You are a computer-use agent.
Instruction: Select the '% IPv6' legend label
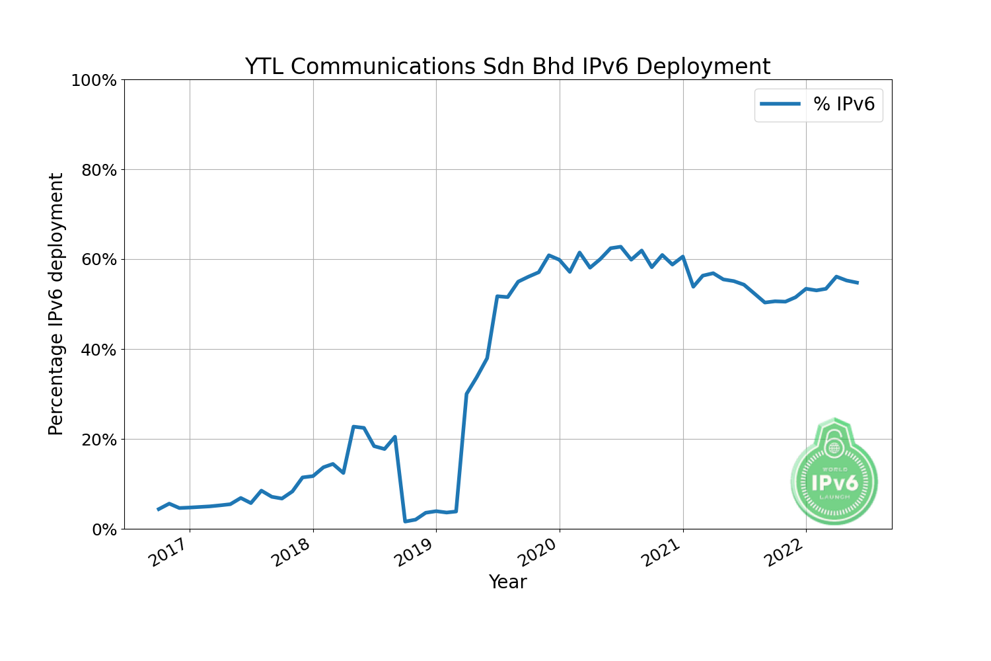coord(844,104)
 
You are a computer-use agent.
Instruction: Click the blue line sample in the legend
coord(780,104)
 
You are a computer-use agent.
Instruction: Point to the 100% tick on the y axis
coord(94,81)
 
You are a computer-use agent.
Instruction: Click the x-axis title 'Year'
coord(507,582)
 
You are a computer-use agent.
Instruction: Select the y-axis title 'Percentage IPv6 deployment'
coord(57,304)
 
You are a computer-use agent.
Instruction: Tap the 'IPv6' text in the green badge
coord(834,483)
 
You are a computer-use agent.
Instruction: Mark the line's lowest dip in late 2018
coord(405,521)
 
